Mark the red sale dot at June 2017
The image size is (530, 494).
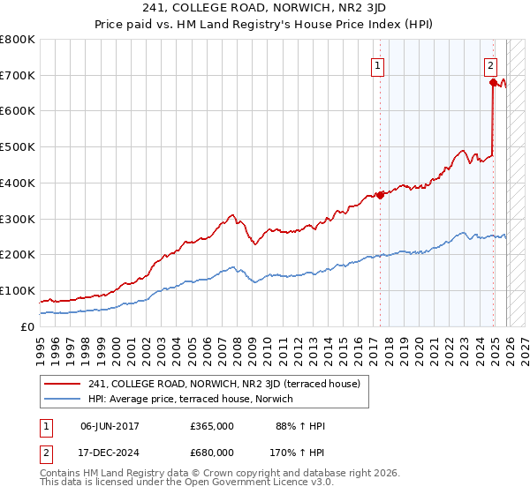pos(381,195)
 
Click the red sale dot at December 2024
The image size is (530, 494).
pos(493,82)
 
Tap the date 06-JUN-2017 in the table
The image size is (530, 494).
pos(110,426)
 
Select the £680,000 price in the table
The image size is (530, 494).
pos(212,452)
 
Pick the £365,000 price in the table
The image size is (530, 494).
pos(212,426)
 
